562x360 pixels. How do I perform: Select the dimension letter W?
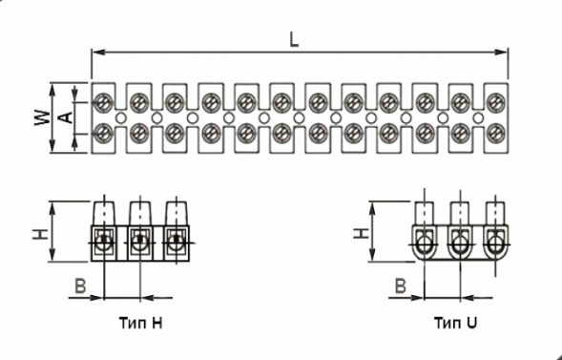(x=40, y=116)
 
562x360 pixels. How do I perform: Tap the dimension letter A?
(x=65, y=116)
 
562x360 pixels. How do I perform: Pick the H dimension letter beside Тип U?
(x=359, y=231)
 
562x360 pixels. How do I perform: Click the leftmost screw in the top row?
(x=103, y=99)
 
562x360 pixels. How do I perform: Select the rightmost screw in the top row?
(x=494, y=99)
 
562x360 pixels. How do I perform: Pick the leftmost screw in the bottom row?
(x=103, y=133)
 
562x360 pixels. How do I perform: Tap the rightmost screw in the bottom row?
(x=494, y=133)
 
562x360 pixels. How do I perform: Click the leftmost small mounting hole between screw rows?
(x=120, y=116)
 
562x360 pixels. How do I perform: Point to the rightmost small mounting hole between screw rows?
(x=477, y=116)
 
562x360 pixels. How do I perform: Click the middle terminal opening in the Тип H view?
(x=139, y=244)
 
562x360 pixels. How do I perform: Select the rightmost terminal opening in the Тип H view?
(x=174, y=244)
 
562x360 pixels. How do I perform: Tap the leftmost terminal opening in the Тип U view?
(x=425, y=246)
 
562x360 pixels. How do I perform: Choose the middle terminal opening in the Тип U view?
(x=459, y=246)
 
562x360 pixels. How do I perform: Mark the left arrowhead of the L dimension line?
(x=94, y=53)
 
